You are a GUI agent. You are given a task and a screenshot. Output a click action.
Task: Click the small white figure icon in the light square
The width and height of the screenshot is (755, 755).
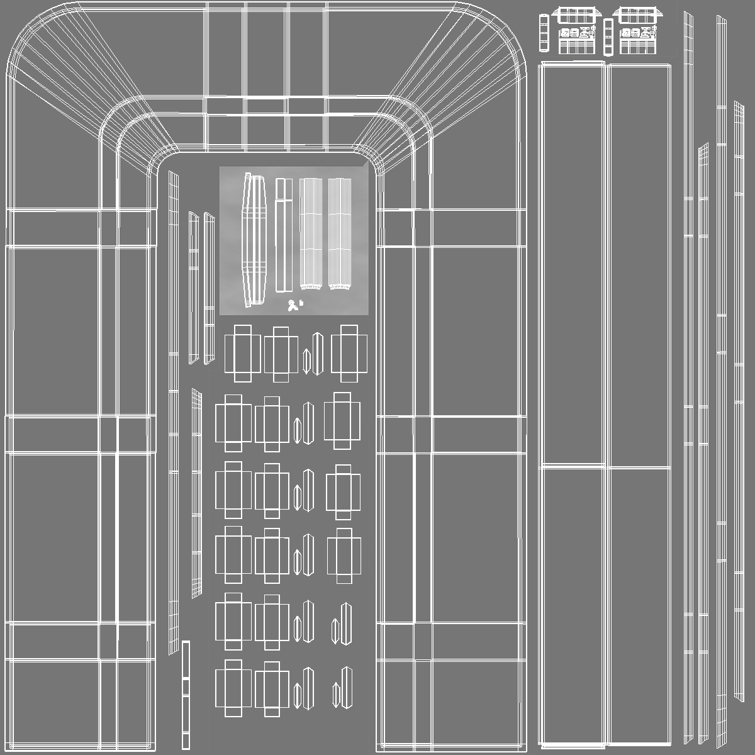(x=291, y=306)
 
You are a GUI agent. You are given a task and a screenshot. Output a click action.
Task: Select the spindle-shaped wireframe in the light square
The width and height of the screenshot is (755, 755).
(x=255, y=240)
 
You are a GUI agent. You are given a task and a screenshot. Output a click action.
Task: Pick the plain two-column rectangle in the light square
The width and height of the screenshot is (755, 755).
(x=284, y=235)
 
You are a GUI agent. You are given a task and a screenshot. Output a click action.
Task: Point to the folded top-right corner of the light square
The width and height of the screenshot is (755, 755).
(x=364, y=164)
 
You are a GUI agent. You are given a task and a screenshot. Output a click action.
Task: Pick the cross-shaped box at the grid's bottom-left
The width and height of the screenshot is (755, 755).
(x=233, y=688)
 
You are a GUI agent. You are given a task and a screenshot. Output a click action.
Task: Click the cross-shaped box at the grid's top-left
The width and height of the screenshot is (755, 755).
(x=242, y=353)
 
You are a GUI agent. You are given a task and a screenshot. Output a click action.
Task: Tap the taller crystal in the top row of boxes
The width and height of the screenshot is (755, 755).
(x=317, y=352)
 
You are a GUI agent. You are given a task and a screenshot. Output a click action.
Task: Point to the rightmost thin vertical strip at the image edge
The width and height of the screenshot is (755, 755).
(x=739, y=403)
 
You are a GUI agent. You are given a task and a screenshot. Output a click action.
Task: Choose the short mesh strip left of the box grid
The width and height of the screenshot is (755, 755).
(x=197, y=494)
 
